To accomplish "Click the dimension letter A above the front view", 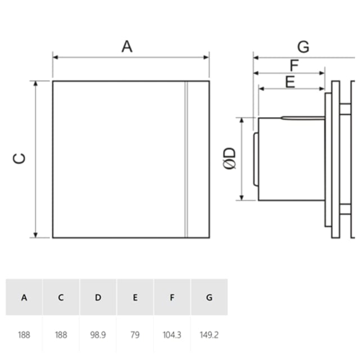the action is (127, 46).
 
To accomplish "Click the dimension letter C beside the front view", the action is (19, 159).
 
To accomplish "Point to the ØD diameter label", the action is (229, 159).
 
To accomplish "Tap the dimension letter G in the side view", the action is (303, 47).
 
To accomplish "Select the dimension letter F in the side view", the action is (294, 65).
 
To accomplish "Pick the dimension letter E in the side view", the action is (290, 82).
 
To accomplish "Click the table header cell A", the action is (24, 298).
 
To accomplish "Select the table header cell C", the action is (61, 298).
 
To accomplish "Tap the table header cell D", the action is (98, 298).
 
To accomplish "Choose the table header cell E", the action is (135, 298).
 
